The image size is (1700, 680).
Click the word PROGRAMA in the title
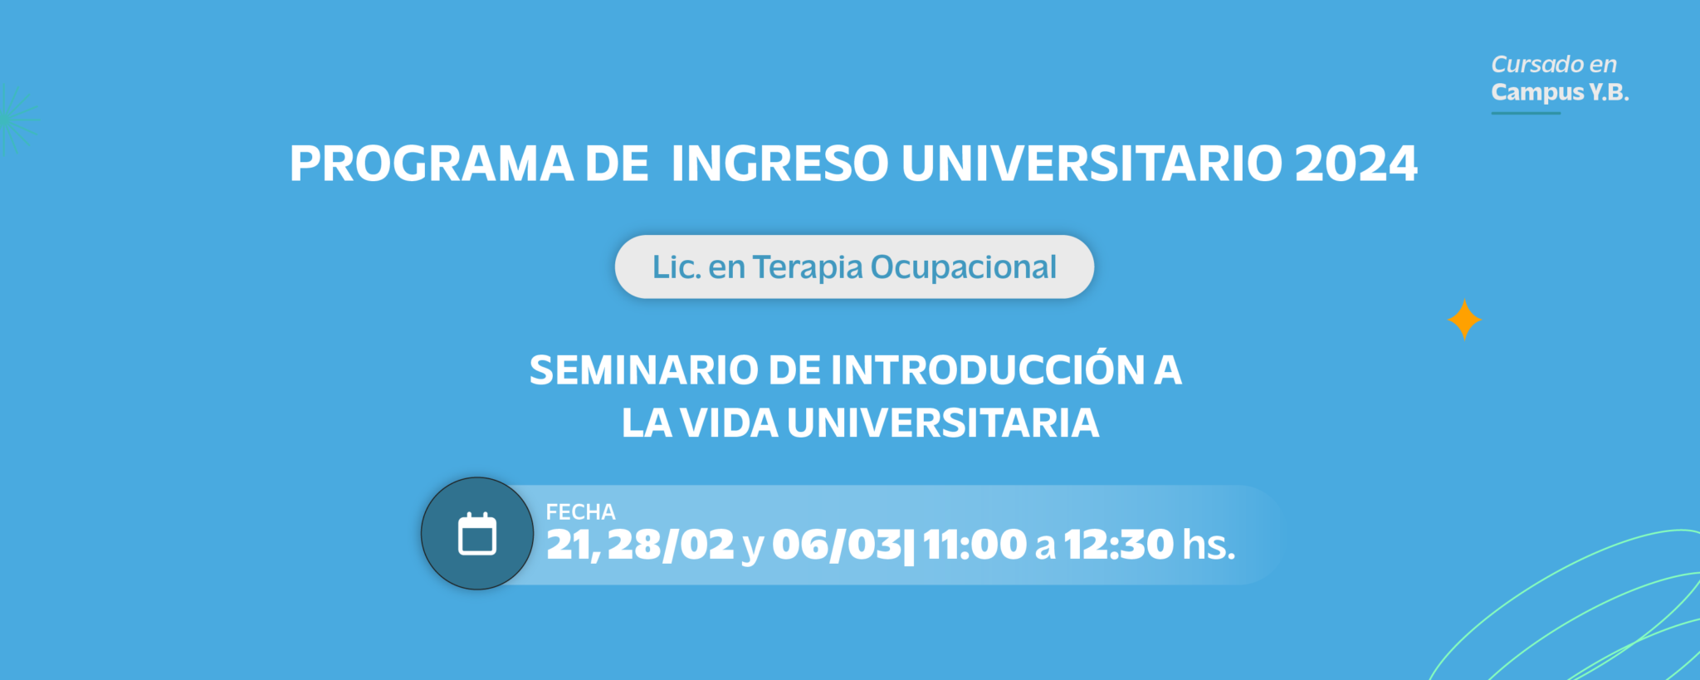432,164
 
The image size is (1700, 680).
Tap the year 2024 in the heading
1356,164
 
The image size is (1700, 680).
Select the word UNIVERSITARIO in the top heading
1092,164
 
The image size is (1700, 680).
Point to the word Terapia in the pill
808,267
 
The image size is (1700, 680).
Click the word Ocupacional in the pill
964,267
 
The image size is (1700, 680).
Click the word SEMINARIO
643,370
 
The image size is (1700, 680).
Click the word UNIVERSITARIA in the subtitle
943,423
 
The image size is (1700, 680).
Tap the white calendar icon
477,534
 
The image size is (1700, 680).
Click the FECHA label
580,512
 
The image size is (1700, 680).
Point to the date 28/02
671,545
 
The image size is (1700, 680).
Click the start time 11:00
975,545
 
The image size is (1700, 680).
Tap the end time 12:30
1119,545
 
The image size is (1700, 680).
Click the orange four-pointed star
1464,320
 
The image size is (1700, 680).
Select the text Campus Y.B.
1560,92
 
